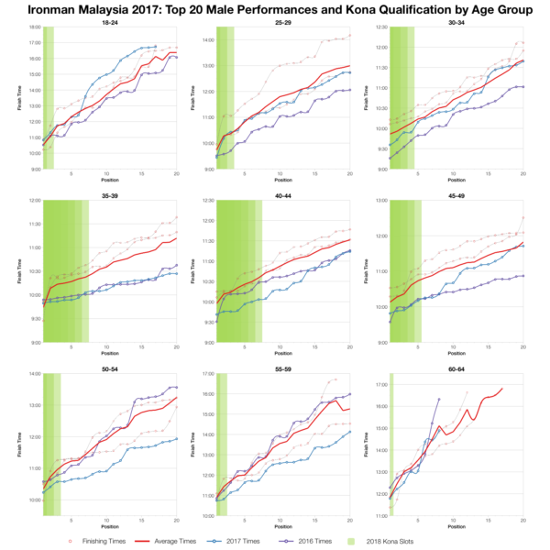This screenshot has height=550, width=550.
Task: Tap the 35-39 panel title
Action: (110, 194)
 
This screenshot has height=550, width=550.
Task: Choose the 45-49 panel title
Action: (456, 194)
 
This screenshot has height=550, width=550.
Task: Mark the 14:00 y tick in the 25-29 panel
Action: (207, 40)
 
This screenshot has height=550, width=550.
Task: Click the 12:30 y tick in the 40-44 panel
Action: (207, 201)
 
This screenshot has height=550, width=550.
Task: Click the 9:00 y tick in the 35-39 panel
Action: (35, 344)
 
